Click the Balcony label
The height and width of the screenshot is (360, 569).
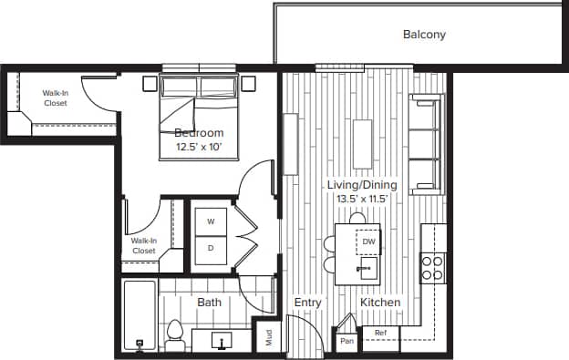click(424, 36)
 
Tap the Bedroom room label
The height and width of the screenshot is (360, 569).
click(199, 133)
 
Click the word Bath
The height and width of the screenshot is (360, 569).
click(209, 302)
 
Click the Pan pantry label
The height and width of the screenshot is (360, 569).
click(347, 341)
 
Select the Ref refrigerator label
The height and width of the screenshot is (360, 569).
click(380, 334)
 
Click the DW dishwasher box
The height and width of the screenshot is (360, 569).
click(368, 242)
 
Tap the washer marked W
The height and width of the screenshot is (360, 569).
click(211, 221)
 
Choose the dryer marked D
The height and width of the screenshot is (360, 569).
click(211, 248)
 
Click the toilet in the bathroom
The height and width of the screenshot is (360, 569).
click(175, 334)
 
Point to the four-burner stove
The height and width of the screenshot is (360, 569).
click(431, 266)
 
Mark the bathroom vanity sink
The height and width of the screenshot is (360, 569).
click(222, 341)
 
